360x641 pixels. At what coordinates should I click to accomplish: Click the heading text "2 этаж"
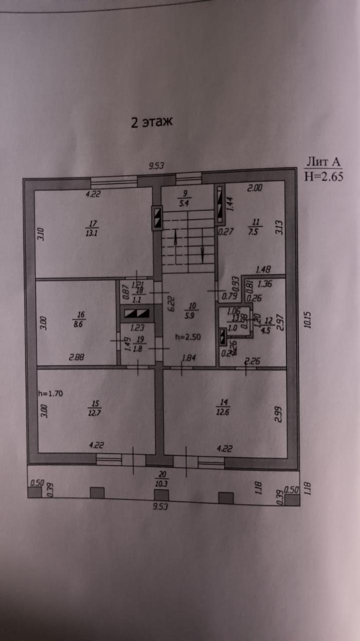(x=151, y=122)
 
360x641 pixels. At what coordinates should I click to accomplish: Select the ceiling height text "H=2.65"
(x=324, y=176)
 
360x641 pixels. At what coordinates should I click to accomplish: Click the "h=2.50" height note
(x=188, y=337)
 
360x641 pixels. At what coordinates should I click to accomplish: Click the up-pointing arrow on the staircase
(x=176, y=240)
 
